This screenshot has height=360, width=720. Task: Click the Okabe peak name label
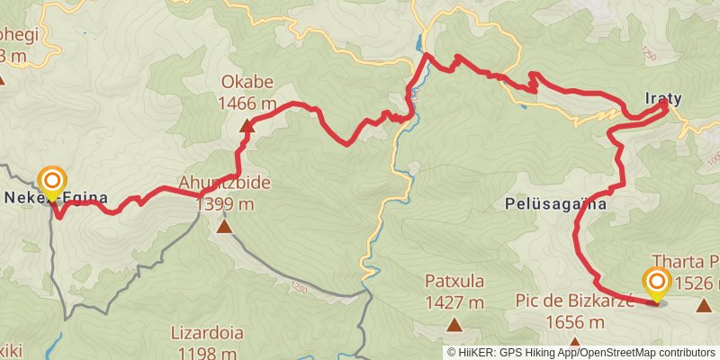[x=247, y=85]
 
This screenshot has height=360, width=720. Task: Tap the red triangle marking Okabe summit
[x=247, y=125]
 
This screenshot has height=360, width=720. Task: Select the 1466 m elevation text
[x=247, y=103]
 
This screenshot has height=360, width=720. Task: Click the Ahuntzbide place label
[x=225, y=184]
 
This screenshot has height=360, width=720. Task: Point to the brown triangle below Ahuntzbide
[x=224, y=226]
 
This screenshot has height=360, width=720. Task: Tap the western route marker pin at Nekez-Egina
[x=52, y=182]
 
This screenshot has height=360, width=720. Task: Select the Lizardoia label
[x=207, y=332]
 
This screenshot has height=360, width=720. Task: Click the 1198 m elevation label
[x=207, y=351]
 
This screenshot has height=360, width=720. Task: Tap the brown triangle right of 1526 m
[x=703, y=305]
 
